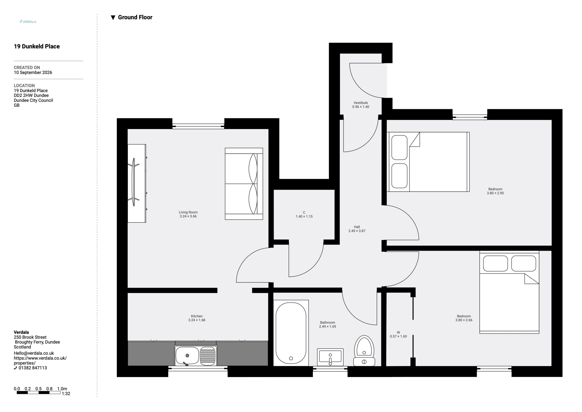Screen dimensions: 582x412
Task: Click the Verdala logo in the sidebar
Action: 28,22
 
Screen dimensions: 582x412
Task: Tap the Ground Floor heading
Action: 132,17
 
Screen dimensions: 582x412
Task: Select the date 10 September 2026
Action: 33,73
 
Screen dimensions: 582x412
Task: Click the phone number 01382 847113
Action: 33,368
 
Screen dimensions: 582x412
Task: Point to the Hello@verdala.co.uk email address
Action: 34,353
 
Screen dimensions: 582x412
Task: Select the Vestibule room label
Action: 361,103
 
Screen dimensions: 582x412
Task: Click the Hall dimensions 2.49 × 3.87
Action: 357,231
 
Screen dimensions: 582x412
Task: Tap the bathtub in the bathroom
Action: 291,333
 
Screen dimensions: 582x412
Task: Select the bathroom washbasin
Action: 330,357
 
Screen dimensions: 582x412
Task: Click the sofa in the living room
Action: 244,184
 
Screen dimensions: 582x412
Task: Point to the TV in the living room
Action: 134,182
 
